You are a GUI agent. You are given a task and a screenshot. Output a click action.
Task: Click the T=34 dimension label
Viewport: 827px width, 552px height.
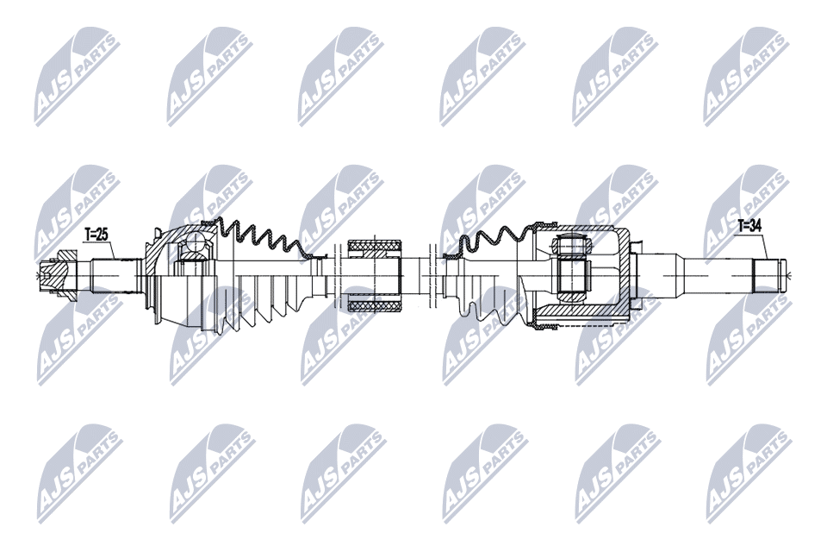[x=749, y=227]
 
